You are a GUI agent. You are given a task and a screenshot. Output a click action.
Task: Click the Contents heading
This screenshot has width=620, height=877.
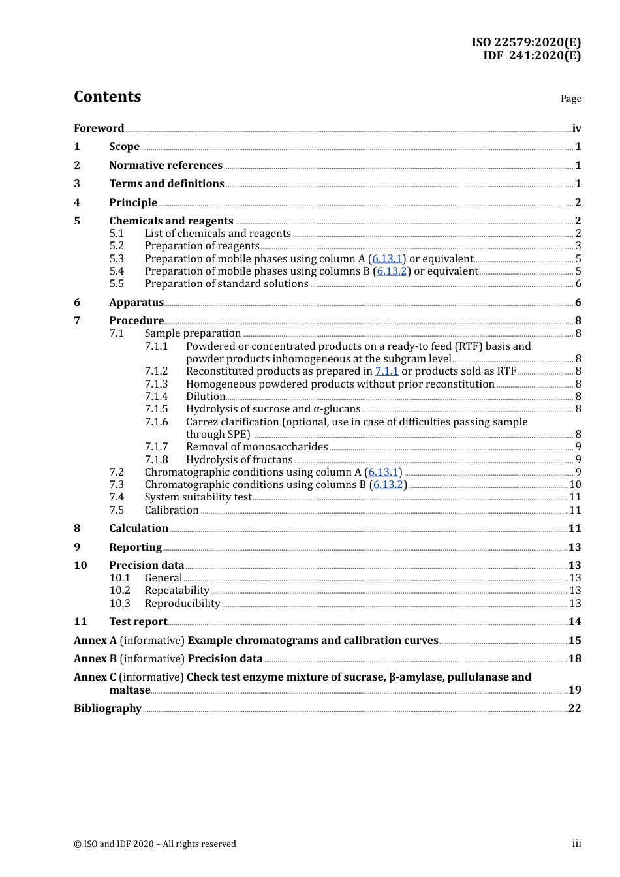click(107, 97)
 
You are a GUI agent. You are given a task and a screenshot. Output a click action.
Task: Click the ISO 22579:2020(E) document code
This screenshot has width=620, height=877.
click(526, 42)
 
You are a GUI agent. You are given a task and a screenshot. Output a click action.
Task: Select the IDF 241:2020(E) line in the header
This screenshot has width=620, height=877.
click(531, 55)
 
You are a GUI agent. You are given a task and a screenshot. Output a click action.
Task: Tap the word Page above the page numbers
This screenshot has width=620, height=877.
click(570, 99)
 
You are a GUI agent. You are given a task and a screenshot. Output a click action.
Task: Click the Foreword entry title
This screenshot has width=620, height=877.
click(99, 129)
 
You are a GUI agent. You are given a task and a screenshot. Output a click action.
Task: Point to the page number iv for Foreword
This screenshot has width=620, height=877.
click(576, 129)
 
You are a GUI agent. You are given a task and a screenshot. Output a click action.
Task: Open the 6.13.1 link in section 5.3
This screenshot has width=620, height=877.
click(387, 259)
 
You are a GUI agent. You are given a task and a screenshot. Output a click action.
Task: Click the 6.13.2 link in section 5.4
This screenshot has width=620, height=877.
click(392, 271)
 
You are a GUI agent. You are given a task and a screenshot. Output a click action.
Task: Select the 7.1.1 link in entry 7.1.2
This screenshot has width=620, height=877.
click(386, 371)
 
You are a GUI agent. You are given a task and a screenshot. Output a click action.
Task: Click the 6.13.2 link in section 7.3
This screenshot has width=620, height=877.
click(388, 485)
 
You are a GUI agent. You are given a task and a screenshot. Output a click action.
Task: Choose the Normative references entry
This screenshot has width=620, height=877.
click(166, 166)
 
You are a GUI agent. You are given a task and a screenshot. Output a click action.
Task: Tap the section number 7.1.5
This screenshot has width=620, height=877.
click(156, 409)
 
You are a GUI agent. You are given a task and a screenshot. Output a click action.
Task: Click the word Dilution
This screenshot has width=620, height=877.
click(206, 397)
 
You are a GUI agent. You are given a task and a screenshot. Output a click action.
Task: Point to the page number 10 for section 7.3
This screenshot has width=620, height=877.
click(575, 485)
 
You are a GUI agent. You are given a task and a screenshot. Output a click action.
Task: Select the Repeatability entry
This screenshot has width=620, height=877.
click(177, 591)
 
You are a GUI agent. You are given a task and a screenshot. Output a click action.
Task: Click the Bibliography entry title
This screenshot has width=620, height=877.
click(108, 709)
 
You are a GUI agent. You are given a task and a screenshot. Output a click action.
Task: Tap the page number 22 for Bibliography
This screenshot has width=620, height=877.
click(574, 709)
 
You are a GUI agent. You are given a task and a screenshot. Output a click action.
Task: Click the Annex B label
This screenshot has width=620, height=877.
click(95, 659)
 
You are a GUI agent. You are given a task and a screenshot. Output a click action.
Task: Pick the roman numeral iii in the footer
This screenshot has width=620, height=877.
click(576, 844)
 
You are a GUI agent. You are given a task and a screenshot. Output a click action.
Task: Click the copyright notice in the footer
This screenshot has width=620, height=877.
click(155, 844)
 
